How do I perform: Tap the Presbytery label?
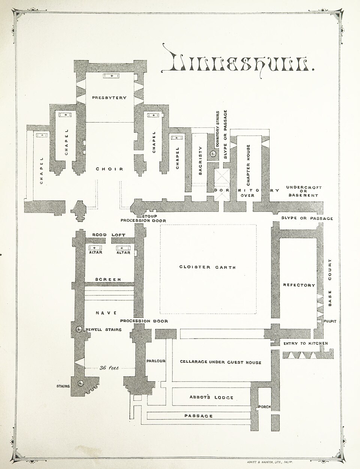(x=109, y=98)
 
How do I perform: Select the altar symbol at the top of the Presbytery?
(x=111, y=76)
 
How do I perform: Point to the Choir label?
(x=109, y=169)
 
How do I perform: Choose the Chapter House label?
(x=248, y=165)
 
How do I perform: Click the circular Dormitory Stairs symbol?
(x=213, y=154)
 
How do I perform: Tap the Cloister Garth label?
(x=207, y=267)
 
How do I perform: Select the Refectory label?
(x=299, y=285)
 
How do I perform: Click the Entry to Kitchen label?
(x=306, y=343)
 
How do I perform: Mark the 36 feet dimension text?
(x=109, y=368)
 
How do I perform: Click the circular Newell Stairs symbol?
(x=79, y=329)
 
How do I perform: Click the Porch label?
(x=264, y=406)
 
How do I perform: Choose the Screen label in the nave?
(x=108, y=280)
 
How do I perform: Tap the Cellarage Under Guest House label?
(x=220, y=362)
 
